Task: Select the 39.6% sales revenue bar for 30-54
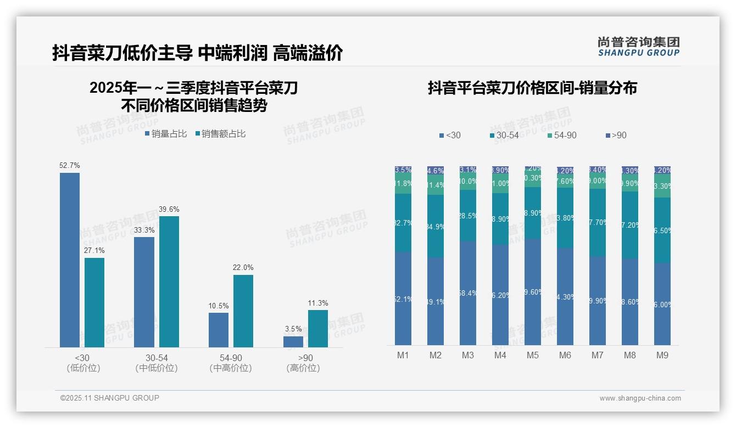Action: [169, 281]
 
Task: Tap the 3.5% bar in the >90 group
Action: [293, 341]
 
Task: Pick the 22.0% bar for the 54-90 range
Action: [243, 311]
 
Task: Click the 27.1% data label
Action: [94, 251]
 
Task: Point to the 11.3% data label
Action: [318, 303]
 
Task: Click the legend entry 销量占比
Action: [165, 134]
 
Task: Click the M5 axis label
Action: [533, 356]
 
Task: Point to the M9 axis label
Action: [662, 356]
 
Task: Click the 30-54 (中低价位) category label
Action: [157, 363]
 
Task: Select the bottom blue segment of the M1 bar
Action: [403, 299]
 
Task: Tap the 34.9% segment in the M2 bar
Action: [436, 226]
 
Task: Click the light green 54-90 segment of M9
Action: [662, 186]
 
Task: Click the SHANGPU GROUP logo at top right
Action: [638, 47]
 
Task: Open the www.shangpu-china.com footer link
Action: [640, 398]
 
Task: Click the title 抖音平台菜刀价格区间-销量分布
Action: [532, 88]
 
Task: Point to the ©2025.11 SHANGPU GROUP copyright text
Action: [110, 398]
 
